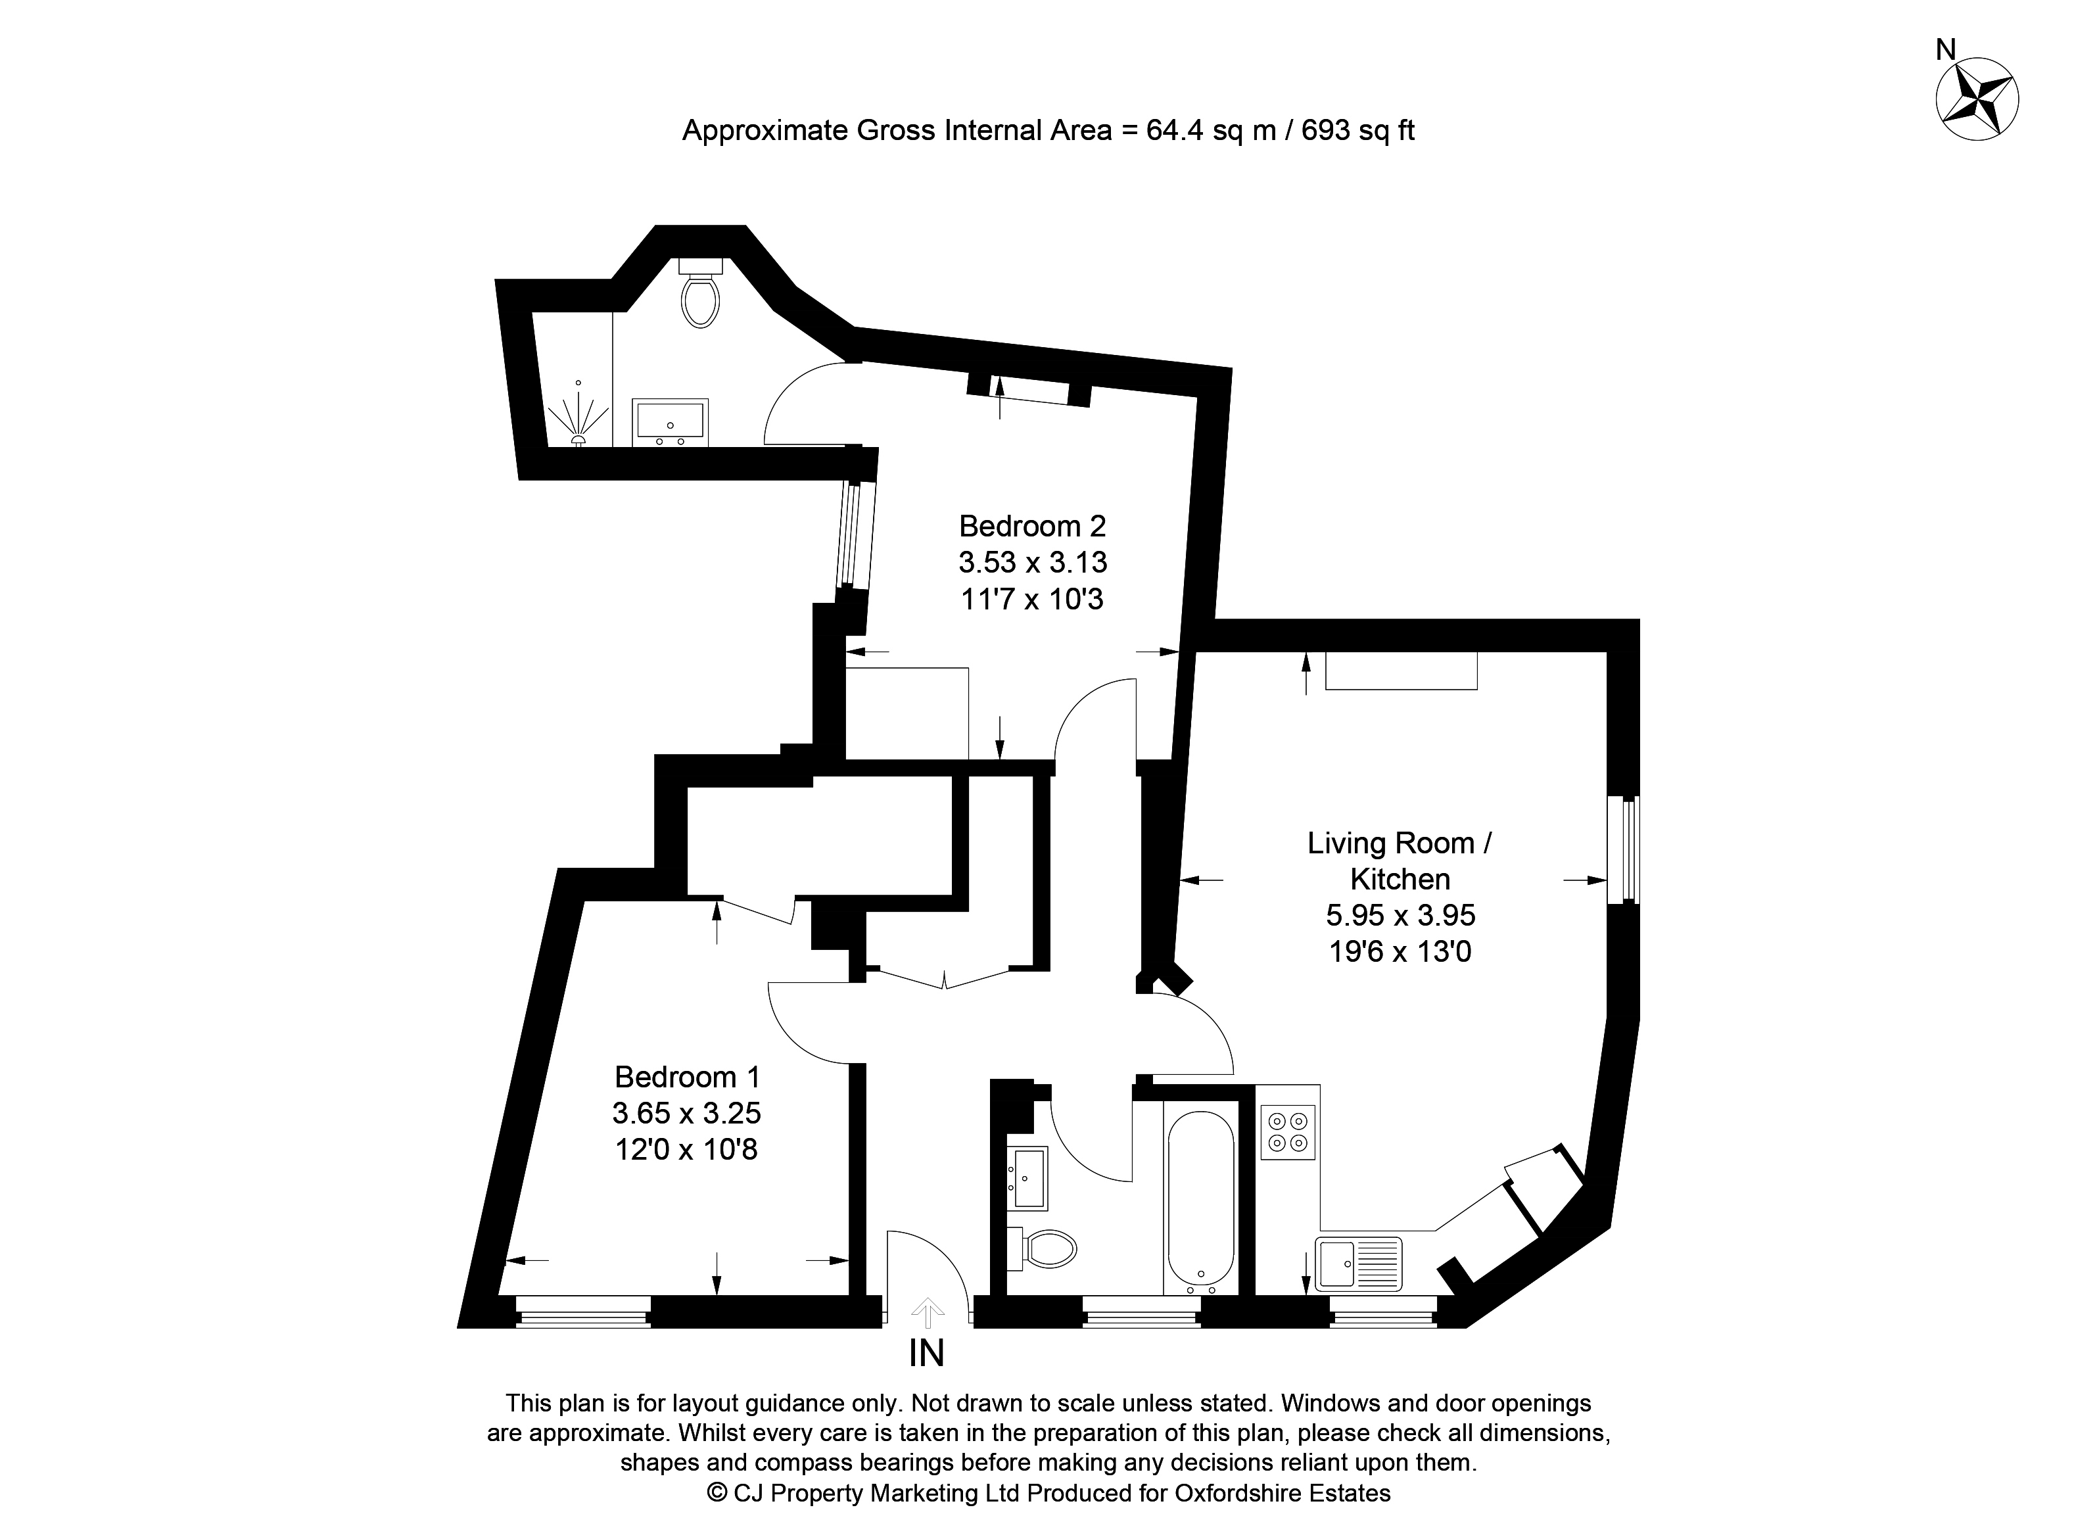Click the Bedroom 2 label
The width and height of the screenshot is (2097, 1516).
1032,526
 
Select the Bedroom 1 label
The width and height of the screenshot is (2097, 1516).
687,1077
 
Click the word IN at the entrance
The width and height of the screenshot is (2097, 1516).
926,1354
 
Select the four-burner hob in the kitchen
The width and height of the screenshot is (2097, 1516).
1288,1132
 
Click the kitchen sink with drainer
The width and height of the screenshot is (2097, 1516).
1359,1264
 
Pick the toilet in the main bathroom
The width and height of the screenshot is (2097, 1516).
1045,1248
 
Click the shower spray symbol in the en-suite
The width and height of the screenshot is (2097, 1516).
578,421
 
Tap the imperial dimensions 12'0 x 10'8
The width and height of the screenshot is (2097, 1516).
686,1149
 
